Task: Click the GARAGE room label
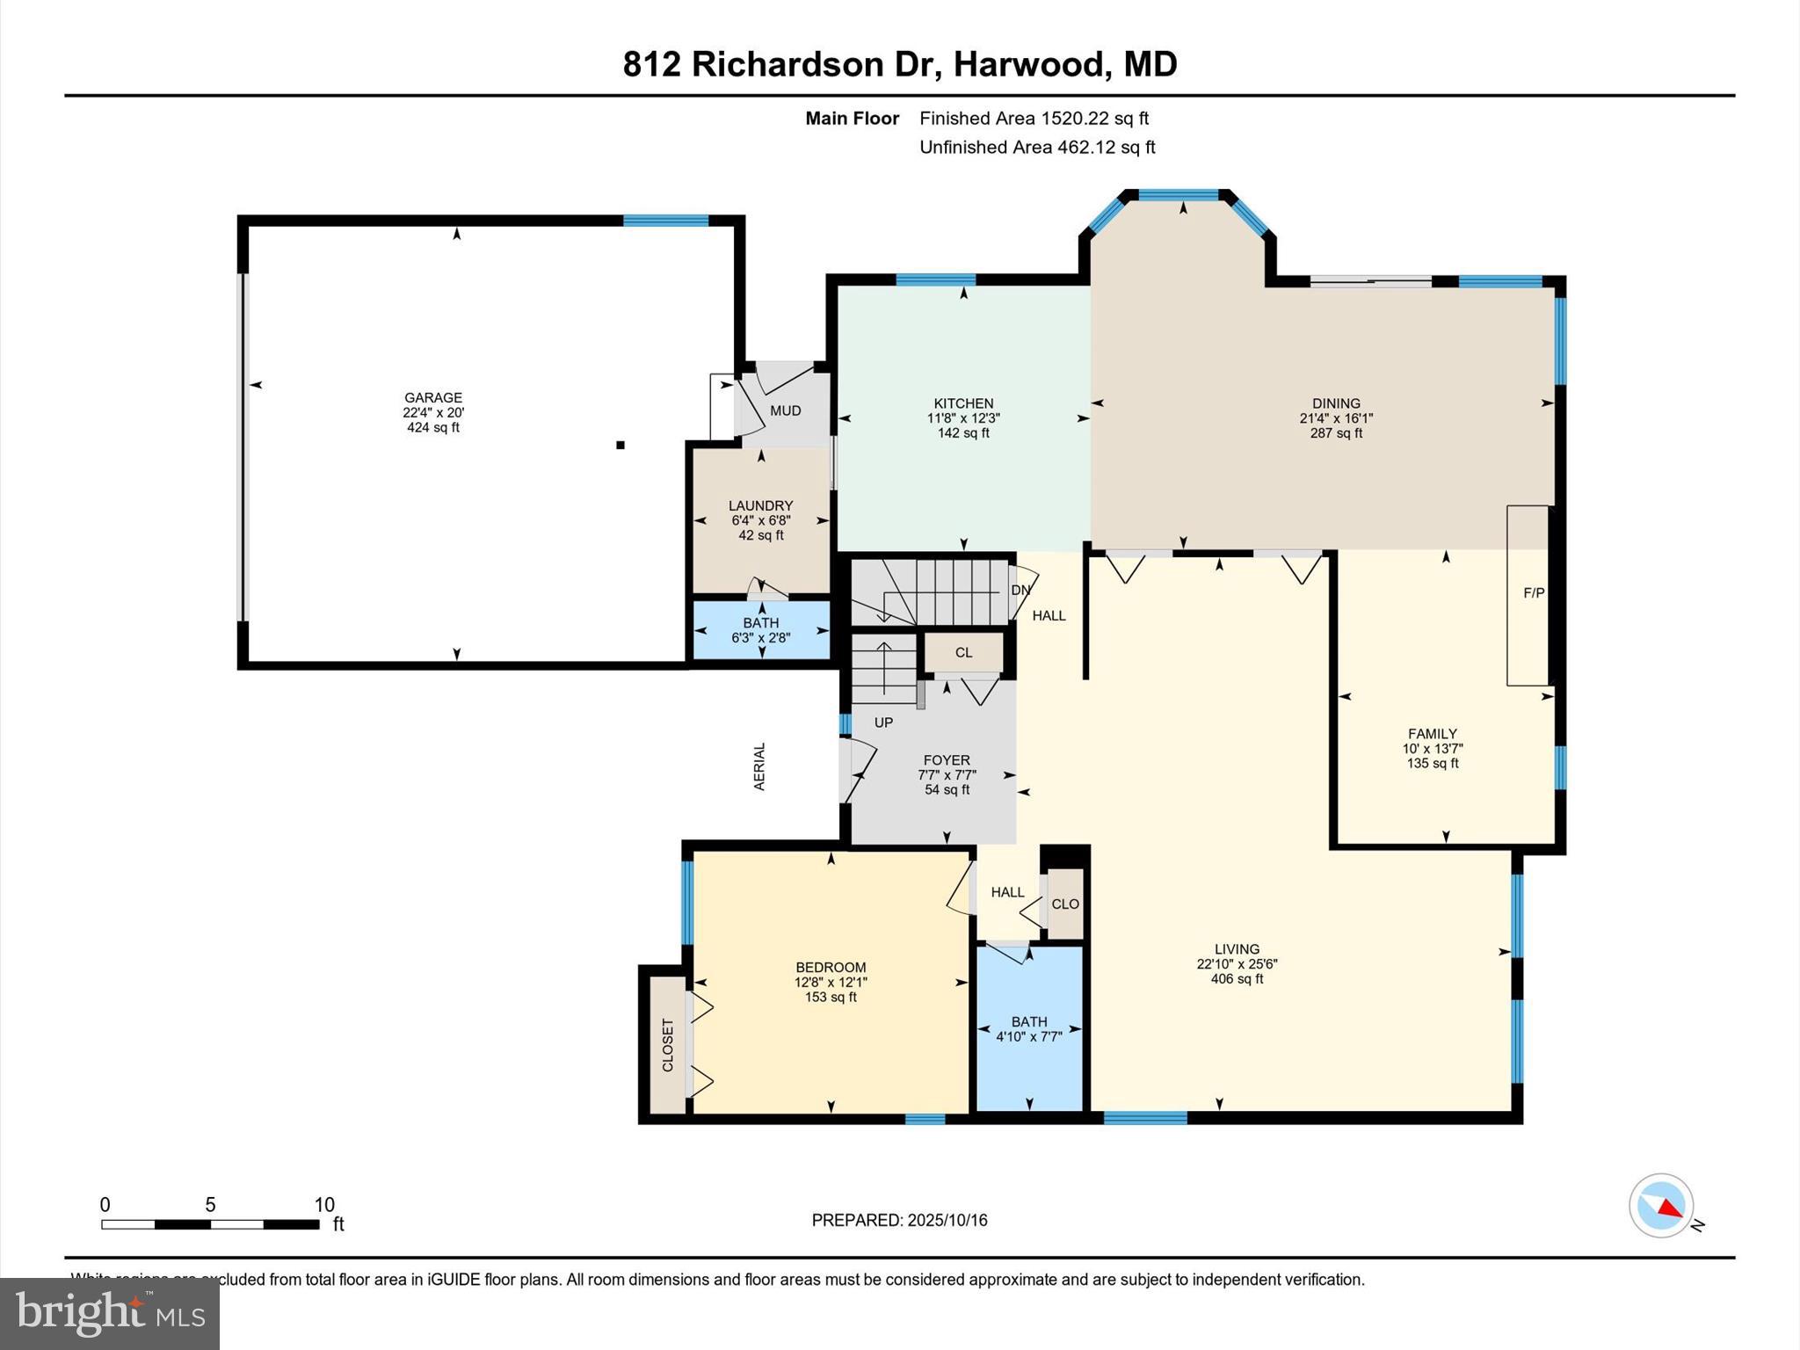(432, 397)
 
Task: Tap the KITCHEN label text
(963, 403)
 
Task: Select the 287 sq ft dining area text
(1336, 433)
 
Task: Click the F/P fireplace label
(1534, 593)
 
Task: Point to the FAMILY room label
(1432, 734)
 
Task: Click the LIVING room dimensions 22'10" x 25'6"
(1237, 963)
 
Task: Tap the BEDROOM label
(831, 968)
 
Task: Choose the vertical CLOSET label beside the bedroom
(667, 1045)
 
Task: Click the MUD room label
(785, 410)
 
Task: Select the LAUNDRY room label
(760, 505)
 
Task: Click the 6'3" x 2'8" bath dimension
(760, 638)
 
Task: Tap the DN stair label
(1020, 590)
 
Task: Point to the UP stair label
(883, 722)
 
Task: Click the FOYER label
(947, 760)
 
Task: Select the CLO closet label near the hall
(1065, 904)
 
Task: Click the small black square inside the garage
(621, 446)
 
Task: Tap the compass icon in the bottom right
(1661, 1206)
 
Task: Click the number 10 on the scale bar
(324, 1205)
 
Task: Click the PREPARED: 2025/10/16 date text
(899, 1220)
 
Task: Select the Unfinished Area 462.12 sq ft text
(1037, 148)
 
